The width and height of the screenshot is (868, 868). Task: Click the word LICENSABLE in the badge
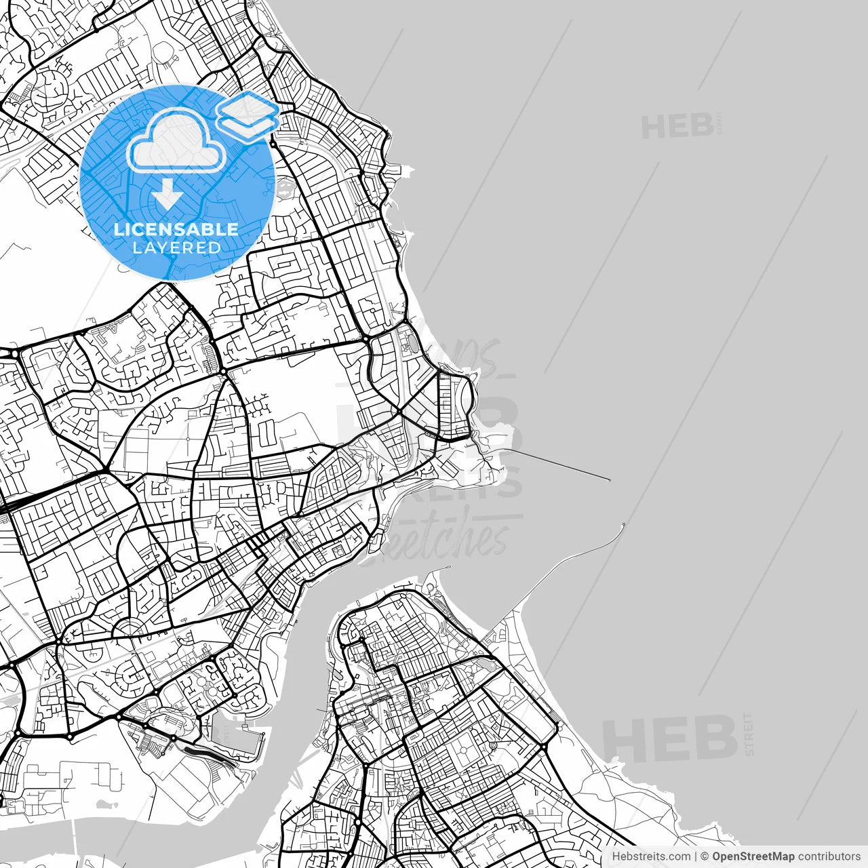point(176,229)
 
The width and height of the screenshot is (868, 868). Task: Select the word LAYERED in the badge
point(176,248)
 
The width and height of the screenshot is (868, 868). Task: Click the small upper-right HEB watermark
point(677,126)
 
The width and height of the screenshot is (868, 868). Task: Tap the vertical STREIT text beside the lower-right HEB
point(749,734)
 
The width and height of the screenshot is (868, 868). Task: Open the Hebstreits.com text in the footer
point(651,856)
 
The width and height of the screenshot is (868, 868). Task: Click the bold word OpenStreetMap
point(753,856)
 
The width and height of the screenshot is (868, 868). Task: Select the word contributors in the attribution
point(829,856)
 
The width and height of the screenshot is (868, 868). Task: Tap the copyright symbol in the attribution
point(705,856)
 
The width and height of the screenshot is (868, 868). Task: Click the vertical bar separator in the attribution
point(696,856)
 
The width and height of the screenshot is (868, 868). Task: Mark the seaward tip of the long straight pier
point(610,480)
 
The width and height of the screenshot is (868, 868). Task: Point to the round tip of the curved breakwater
point(623,524)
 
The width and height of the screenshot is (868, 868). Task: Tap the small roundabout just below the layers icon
point(273,144)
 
